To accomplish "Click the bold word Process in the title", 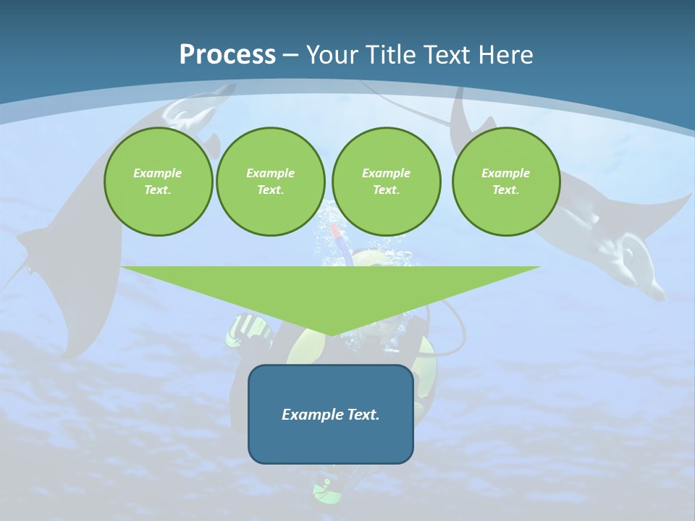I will click(227, 55).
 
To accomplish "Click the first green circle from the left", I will click(158, 182).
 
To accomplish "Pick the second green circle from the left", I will click(270, 182).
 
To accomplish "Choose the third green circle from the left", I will click(386, 182).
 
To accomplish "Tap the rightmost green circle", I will click(505, 182).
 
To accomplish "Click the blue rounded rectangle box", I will click(331, 434).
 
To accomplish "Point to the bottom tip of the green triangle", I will click(331, 334).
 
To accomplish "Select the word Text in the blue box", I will click(363, 415).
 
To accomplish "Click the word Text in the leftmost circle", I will click(158, 190).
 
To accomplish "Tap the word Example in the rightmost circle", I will click(505, 173).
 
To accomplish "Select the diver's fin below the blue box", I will click(327, 488).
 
